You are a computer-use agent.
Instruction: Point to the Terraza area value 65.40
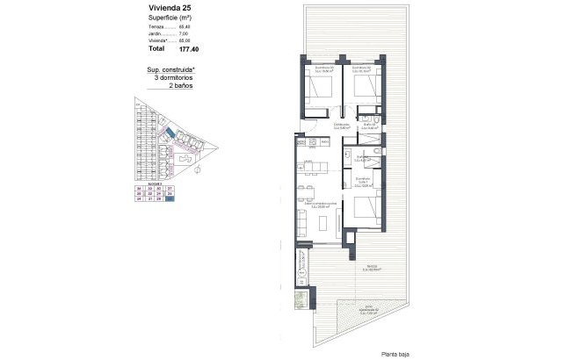185,27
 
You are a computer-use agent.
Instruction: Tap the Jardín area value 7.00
185,33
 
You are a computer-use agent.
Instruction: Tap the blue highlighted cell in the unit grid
170,199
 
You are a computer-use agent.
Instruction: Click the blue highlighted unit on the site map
168,132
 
